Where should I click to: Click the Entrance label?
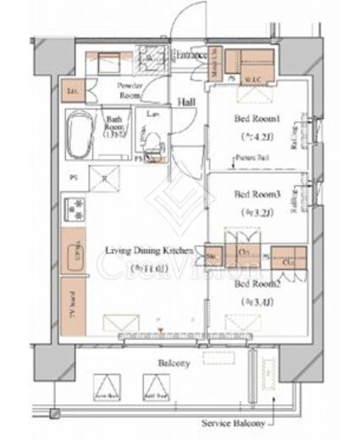tap(191, 56)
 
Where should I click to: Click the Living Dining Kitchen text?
tap(149, 250)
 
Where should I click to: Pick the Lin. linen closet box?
tap(72, 90)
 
